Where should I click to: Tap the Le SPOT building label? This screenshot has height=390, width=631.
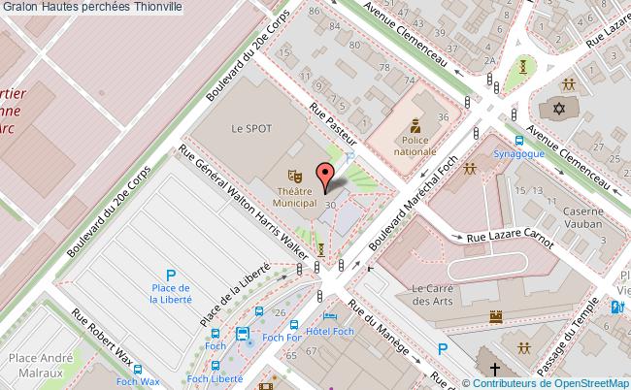coord(250,128)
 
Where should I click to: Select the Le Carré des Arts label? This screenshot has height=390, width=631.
coord(434,294)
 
